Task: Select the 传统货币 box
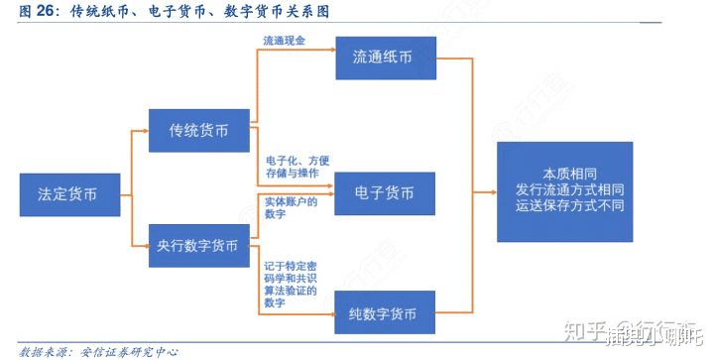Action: (x=197, y=130)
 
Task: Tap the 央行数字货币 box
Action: (x=197, y=245)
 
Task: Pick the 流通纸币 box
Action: (x=386, y=59)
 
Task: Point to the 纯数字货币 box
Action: (x=385, y=314)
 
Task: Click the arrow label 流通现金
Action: (x=283, y=41)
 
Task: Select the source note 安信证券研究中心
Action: (x=119, y=350)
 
